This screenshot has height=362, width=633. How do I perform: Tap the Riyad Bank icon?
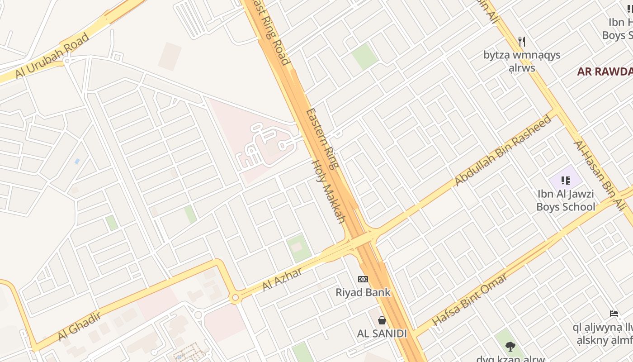pos(363,279)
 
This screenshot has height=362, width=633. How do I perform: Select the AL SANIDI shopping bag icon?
pos(382,320)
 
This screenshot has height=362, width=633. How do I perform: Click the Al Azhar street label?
pos(282,279)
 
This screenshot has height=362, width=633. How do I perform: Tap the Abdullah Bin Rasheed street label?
pos(503,150)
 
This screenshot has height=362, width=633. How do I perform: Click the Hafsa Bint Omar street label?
pos(469,299)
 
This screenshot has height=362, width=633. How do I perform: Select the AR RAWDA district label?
pos(605,71)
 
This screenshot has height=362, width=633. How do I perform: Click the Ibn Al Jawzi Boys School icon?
pos(565,181)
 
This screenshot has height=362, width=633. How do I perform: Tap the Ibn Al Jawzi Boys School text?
pos(566,200)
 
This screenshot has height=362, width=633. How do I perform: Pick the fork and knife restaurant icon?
pos(522,42)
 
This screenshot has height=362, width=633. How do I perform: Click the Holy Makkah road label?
pos(329,191)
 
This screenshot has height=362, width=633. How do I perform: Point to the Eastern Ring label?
pos(322,138)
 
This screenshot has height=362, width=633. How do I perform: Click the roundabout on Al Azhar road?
pos(235,298)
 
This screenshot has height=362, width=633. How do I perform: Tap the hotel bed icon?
pos(614,313)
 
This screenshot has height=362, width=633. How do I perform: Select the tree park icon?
pos(510,347)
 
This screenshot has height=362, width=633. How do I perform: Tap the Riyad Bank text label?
pos(363,292)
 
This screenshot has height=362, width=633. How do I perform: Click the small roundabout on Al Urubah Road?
pos(67,60)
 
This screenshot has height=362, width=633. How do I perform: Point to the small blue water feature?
pos(77,161)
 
